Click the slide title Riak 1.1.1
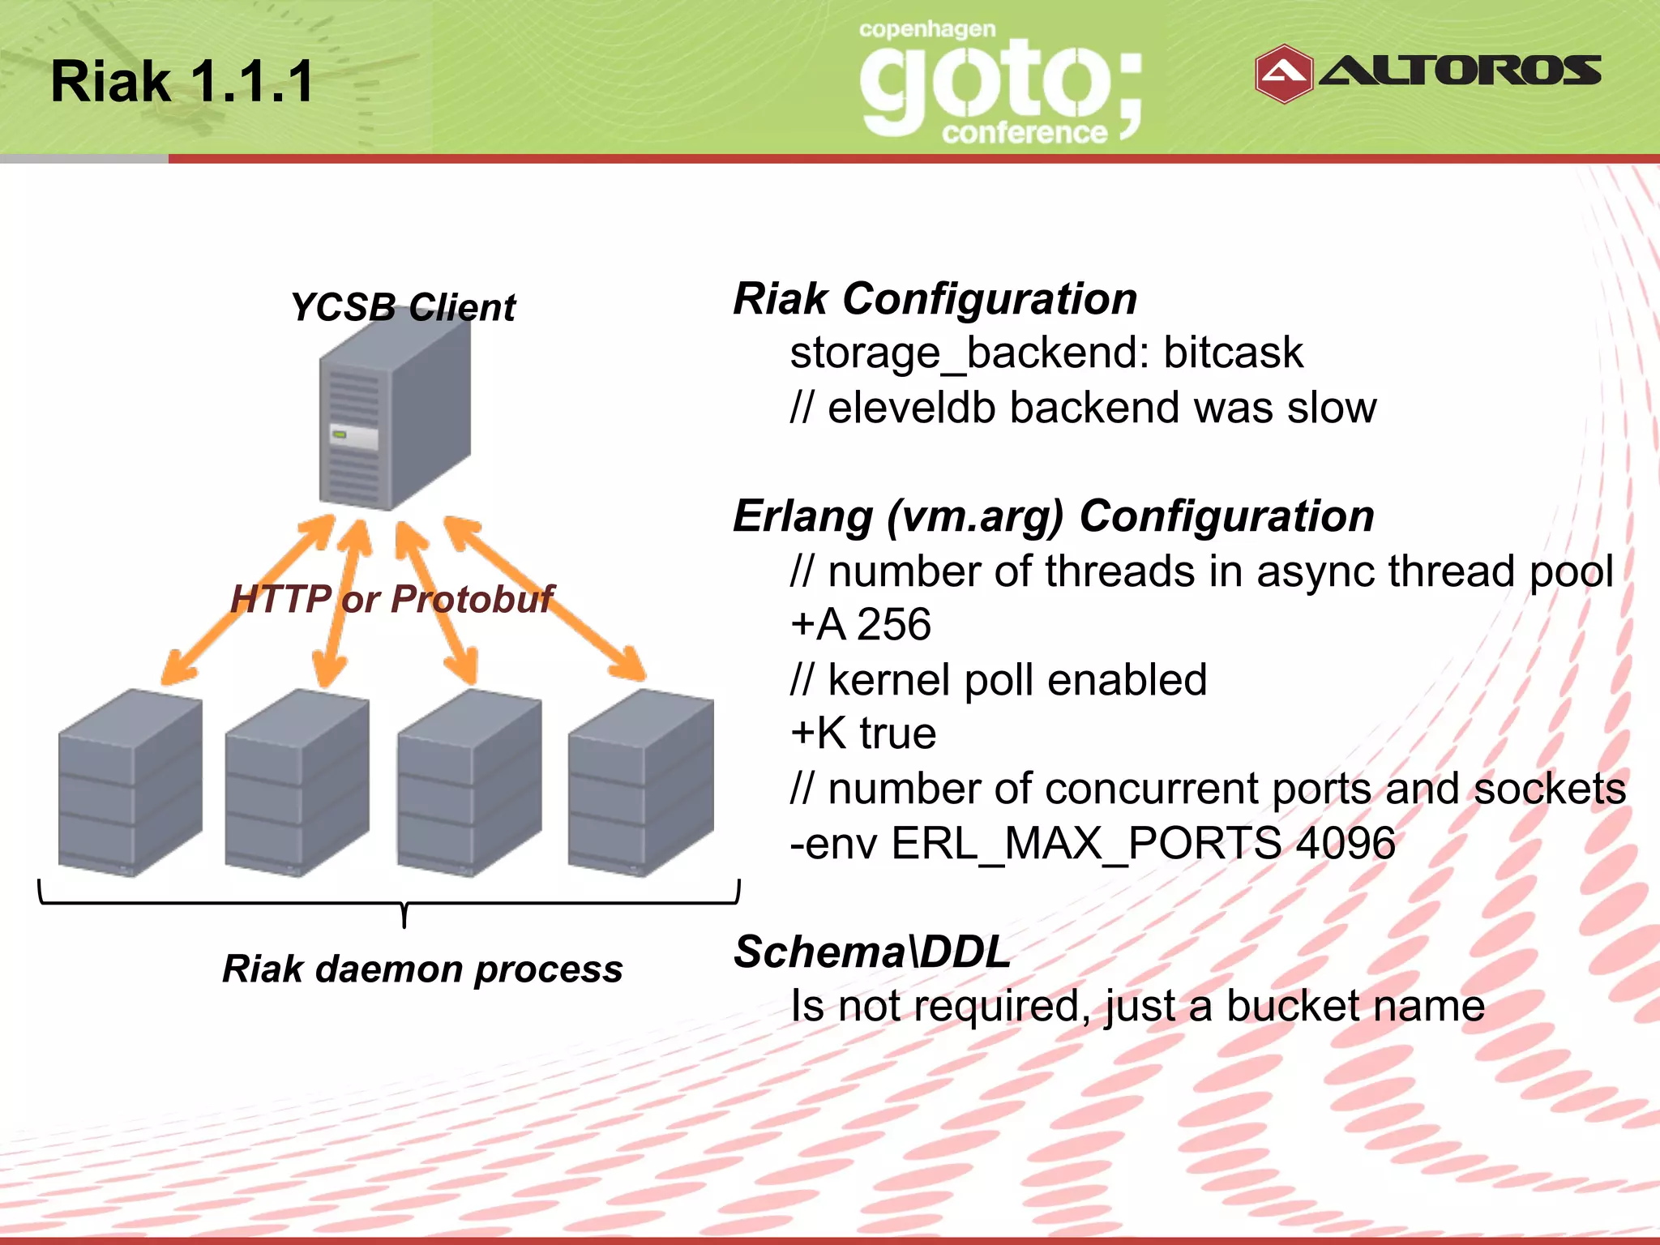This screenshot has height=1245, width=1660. [182, 82]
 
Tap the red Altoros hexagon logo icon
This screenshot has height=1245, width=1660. [1283, 74]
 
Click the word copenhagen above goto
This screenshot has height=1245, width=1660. [926, 30]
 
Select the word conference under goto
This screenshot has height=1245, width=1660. [1024, 132]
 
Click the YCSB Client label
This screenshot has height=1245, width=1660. [403, 308]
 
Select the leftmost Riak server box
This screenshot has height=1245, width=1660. [130, 782]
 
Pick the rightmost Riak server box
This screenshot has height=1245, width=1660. [640, 782]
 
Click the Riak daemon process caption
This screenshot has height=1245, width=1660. [422, 969]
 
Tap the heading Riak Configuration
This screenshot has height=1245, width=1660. [935, 299]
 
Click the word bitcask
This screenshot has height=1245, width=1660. [1233, 353]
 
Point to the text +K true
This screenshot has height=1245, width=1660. [863, 734]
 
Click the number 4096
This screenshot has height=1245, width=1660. [1346, 843]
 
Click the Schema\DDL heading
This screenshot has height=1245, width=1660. [871, 952]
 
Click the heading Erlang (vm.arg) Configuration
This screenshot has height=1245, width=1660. [1053, 516]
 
